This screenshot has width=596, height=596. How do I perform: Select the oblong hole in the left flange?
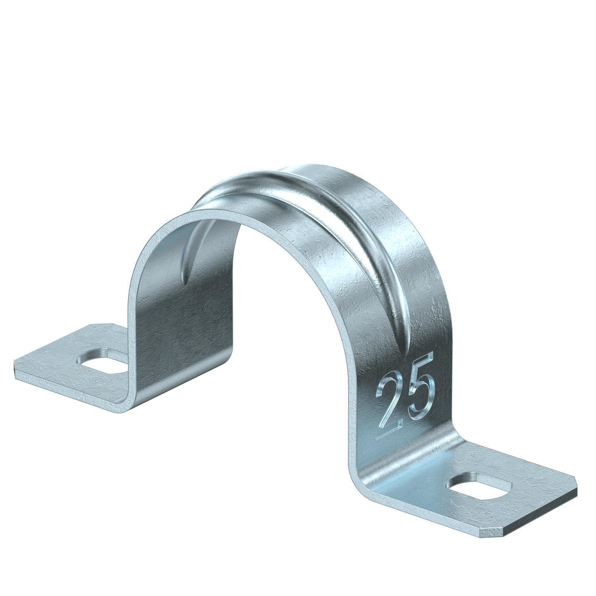point(102,361)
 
